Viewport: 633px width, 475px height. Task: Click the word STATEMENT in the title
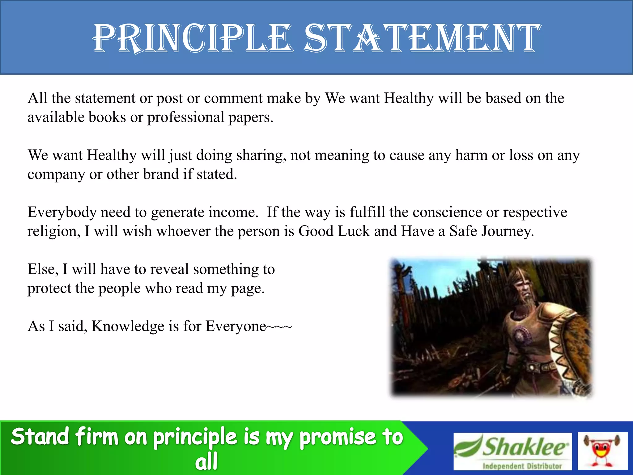point(422,38)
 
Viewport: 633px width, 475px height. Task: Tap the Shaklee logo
point(512,447)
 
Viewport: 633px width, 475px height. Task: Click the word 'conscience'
point(447,212)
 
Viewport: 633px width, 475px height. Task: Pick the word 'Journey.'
point(507,231)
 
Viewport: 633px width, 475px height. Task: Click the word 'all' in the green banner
point(206,461)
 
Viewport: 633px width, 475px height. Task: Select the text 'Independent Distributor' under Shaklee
point(522,466)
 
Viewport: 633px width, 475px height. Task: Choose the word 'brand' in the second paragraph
point(161,174)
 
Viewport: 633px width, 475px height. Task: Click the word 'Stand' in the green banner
point(40,437)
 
